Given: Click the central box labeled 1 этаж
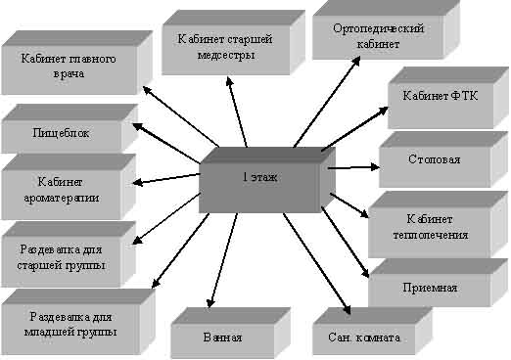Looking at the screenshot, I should (260, 178).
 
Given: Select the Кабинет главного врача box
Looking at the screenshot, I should (69, 66).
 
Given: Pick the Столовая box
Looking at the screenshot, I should (434, 158).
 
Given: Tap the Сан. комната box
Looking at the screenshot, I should (357, 337).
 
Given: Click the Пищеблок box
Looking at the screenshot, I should (60, 133).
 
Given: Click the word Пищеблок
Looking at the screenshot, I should (60, 133).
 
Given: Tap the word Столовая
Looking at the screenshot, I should (434, 158).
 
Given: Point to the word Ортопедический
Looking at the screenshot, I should (376, 29).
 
